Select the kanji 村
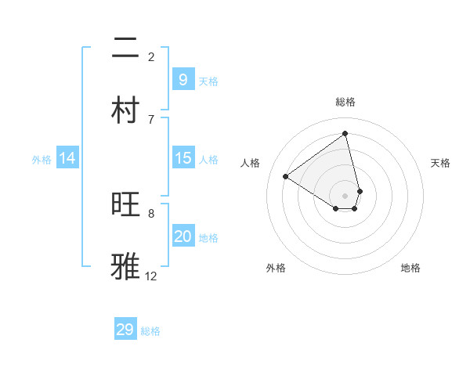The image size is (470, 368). [125, 110]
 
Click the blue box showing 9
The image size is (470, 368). [183, 80]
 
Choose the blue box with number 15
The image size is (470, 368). [183, 158]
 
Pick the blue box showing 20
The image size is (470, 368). [183, 236]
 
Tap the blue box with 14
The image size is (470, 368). [67, 158]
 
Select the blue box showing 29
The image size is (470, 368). [125, 329]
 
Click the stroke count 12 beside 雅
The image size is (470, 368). [150, 276]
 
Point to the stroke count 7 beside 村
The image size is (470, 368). [151, 119]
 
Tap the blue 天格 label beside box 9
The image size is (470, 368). [208, 81]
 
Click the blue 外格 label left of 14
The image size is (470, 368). [42, 160]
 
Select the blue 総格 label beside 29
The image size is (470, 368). [150, 331]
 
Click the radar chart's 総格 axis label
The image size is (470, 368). [345, 102]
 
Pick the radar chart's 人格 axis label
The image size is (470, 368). [251, 163]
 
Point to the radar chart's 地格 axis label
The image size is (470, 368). [410, 268]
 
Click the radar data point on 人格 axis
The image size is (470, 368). [286, 176]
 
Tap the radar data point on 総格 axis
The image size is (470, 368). [345, 134]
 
